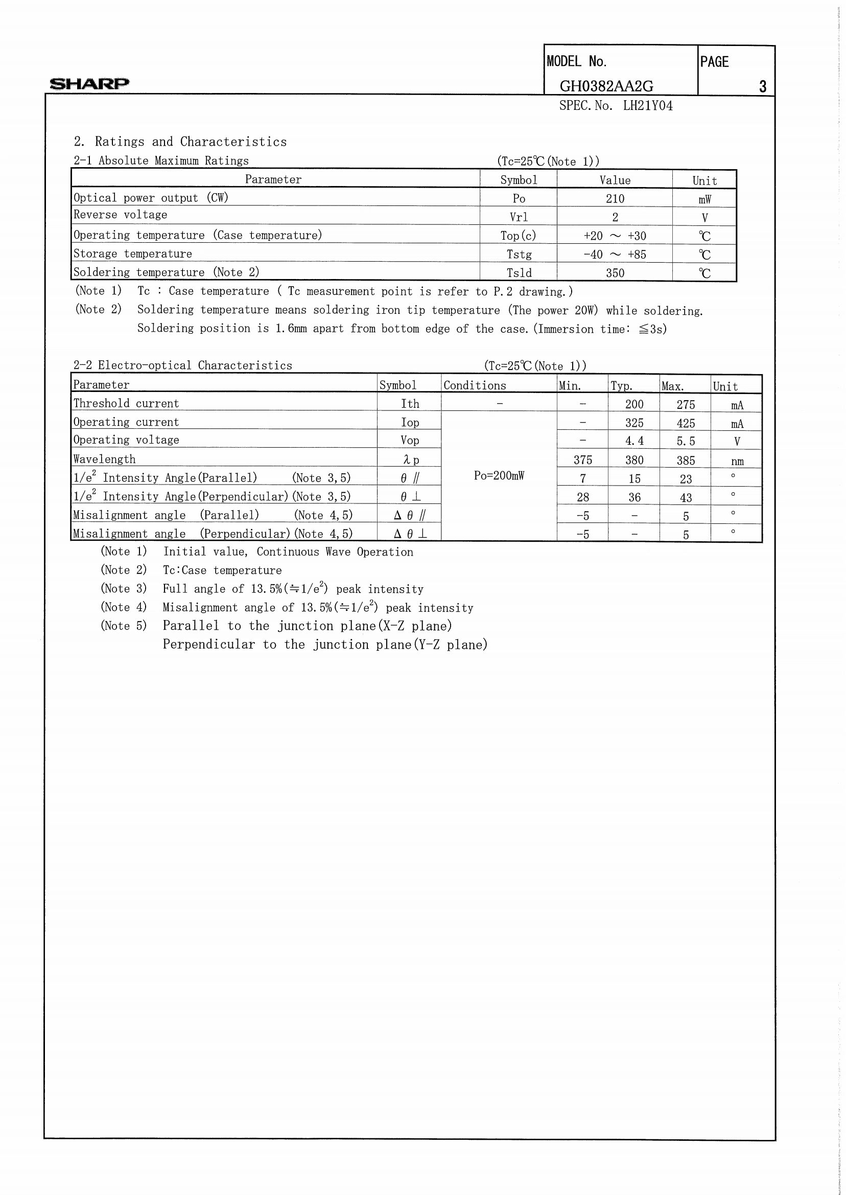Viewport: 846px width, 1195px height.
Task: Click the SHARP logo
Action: [x=89, y=83]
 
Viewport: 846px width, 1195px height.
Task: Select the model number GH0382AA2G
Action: [x=606, y=86]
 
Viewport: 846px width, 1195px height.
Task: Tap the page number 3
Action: [x=762, y=86]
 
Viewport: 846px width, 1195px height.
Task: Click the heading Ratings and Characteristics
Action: [x=191, y=142]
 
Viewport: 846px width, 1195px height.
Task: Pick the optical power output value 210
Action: [x=615, y=198]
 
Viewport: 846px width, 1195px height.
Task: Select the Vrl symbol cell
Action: [x=519, y=217]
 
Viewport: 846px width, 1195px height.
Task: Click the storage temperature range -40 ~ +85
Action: [x=615, y=255]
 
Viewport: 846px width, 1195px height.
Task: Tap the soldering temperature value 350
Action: [x=615, y=273]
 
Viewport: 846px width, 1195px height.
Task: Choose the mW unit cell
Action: [x=704, y=199]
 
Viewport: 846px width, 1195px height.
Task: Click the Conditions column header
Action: [x=475, y=386]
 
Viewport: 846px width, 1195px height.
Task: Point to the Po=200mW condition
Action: [x=499, y=475]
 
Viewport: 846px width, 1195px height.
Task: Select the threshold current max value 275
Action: [x=686, y=404]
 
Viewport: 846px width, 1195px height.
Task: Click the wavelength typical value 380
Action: [x=634, y=460]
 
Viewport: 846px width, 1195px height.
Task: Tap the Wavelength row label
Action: [x=104, y=459]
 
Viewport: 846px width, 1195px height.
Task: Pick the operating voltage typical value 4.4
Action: [x=634, y=441]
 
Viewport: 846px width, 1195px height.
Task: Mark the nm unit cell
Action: [x=737, y=461]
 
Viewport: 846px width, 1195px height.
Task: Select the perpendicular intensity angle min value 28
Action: [x=582, y=497]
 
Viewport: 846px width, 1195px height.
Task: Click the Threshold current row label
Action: [x=126, y=403]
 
